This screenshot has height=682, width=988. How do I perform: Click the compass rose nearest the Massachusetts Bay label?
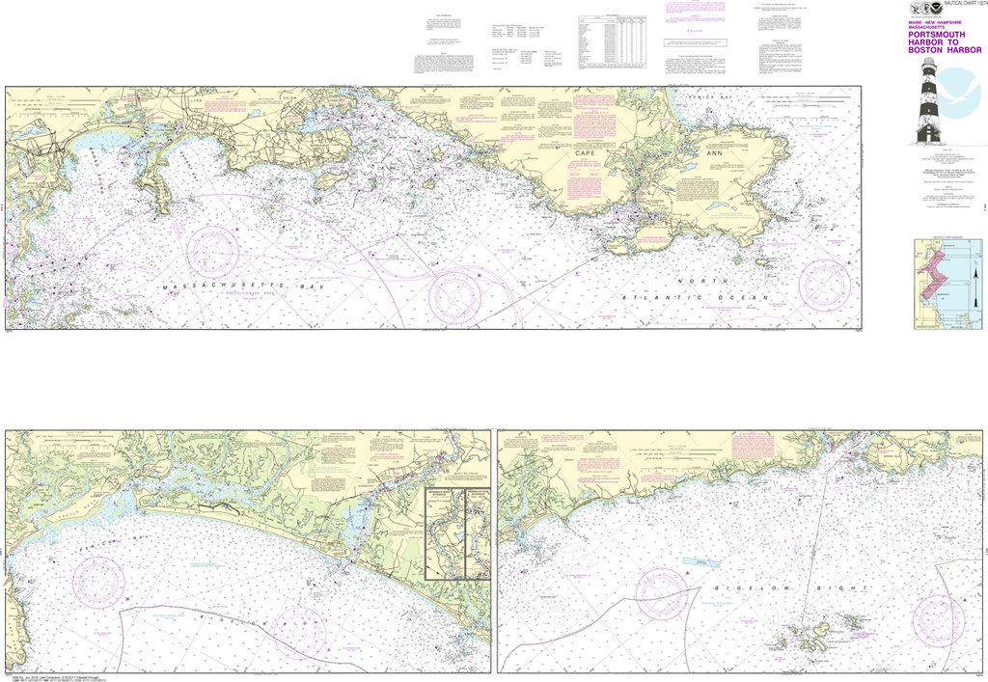[x=212, y=249]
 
